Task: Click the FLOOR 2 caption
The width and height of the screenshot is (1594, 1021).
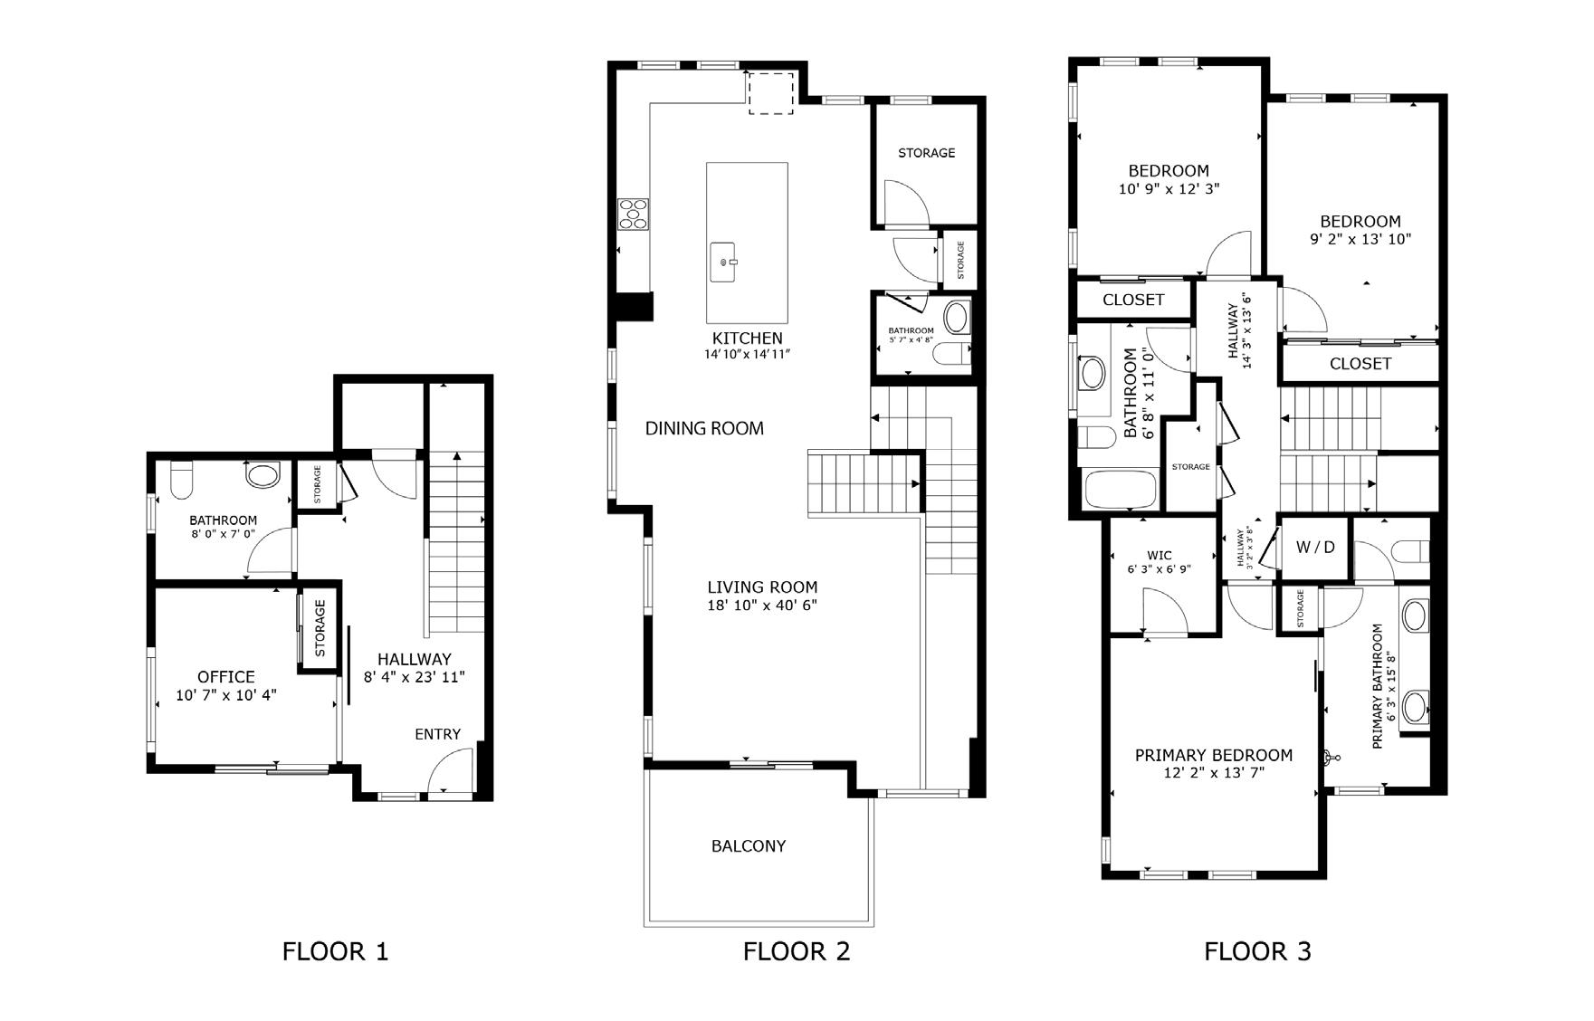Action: pos(797,951)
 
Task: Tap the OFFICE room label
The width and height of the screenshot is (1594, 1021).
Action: pos(226,676)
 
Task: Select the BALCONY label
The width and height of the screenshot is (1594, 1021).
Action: pos(749,846)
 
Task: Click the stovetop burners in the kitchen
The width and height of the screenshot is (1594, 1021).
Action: pos(633,214)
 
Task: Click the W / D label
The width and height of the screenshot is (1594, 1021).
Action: pos(1315,547)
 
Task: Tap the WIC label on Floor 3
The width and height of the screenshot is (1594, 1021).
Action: pos(1160,556)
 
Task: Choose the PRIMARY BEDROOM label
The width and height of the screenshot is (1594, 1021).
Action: pos(1214,755)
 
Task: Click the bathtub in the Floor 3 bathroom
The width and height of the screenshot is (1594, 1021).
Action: pos(1121,490)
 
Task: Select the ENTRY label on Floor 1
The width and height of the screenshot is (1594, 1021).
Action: pos(438,734)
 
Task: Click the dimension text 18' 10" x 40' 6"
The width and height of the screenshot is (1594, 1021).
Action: pos(762,606)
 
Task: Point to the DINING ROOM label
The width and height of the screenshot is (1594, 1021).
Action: pos(704,428)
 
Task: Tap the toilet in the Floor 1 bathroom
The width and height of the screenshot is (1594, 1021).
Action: pos(182,479)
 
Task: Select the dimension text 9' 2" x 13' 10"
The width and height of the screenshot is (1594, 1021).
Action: pos(1360,240)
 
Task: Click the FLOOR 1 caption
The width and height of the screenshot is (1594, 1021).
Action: pos(336,951)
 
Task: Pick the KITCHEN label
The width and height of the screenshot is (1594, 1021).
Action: pos(747,339)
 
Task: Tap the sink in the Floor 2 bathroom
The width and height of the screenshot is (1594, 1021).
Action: pos(955,318)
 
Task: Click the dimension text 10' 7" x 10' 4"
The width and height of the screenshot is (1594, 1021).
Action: pos(226,695)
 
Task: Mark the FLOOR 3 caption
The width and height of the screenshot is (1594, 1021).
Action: pos(1257,951)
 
